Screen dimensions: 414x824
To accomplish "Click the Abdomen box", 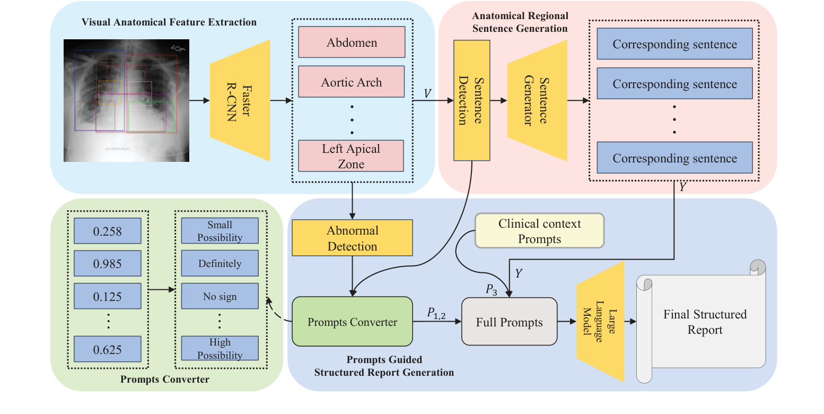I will [x=352, y=42].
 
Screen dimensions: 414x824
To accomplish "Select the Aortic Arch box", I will [x=352, y=82].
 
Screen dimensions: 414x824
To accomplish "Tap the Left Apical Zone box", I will [x=352, y=156].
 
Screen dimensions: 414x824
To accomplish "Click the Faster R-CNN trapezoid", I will [x=240, y=100].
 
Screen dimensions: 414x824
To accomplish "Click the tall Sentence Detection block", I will [x=471, y=100].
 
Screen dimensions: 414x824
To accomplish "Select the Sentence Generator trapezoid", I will [x=537, y=100].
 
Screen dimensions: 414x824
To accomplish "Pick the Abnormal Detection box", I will [x=352, y=238].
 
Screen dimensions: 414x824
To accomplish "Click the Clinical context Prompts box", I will [x=539, y=231].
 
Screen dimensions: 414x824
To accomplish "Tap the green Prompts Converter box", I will [x=352, y=322].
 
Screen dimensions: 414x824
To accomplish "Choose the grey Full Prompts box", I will [x=509, y=322].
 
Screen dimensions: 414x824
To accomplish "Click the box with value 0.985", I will [x=107, y=264].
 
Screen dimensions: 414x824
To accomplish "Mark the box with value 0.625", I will [x=107, y=349].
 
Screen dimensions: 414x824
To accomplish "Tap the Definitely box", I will [x=220, y=264].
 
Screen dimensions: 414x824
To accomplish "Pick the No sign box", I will [x=220, y=296].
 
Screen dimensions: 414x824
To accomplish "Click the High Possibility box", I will [x=220, y=349].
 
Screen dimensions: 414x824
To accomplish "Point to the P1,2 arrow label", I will [x=436, y=314].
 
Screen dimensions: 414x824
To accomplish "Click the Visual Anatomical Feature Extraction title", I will [x=169, y=22].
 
